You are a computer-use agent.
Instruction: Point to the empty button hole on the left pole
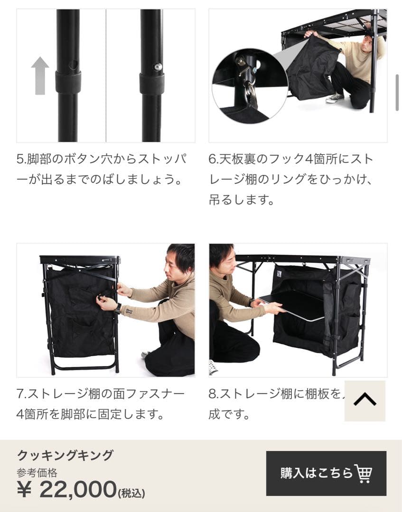pyautogui.click(x=72, y=64)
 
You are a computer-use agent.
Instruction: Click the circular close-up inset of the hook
pyautogui.click(x=249, y=85)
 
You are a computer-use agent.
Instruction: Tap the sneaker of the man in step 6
pyautogui.click(x=335, y=98)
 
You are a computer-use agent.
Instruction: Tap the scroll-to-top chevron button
pyautogui.click(x=365, y=401)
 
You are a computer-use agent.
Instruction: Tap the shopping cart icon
pyautogui.click(x=363, y=473)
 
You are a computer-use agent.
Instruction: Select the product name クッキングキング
pyautogui.click(x=65, y=456)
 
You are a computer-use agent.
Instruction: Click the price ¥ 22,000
pyautogui.click(x=66, y=489)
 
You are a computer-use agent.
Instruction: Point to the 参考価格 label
pyautogui.click(x=37, y=473)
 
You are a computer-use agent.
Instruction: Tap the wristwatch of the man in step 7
pyautogui.click(x=117, y=308)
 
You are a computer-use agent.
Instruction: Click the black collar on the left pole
pyautogui.click(x=68, y=82)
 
